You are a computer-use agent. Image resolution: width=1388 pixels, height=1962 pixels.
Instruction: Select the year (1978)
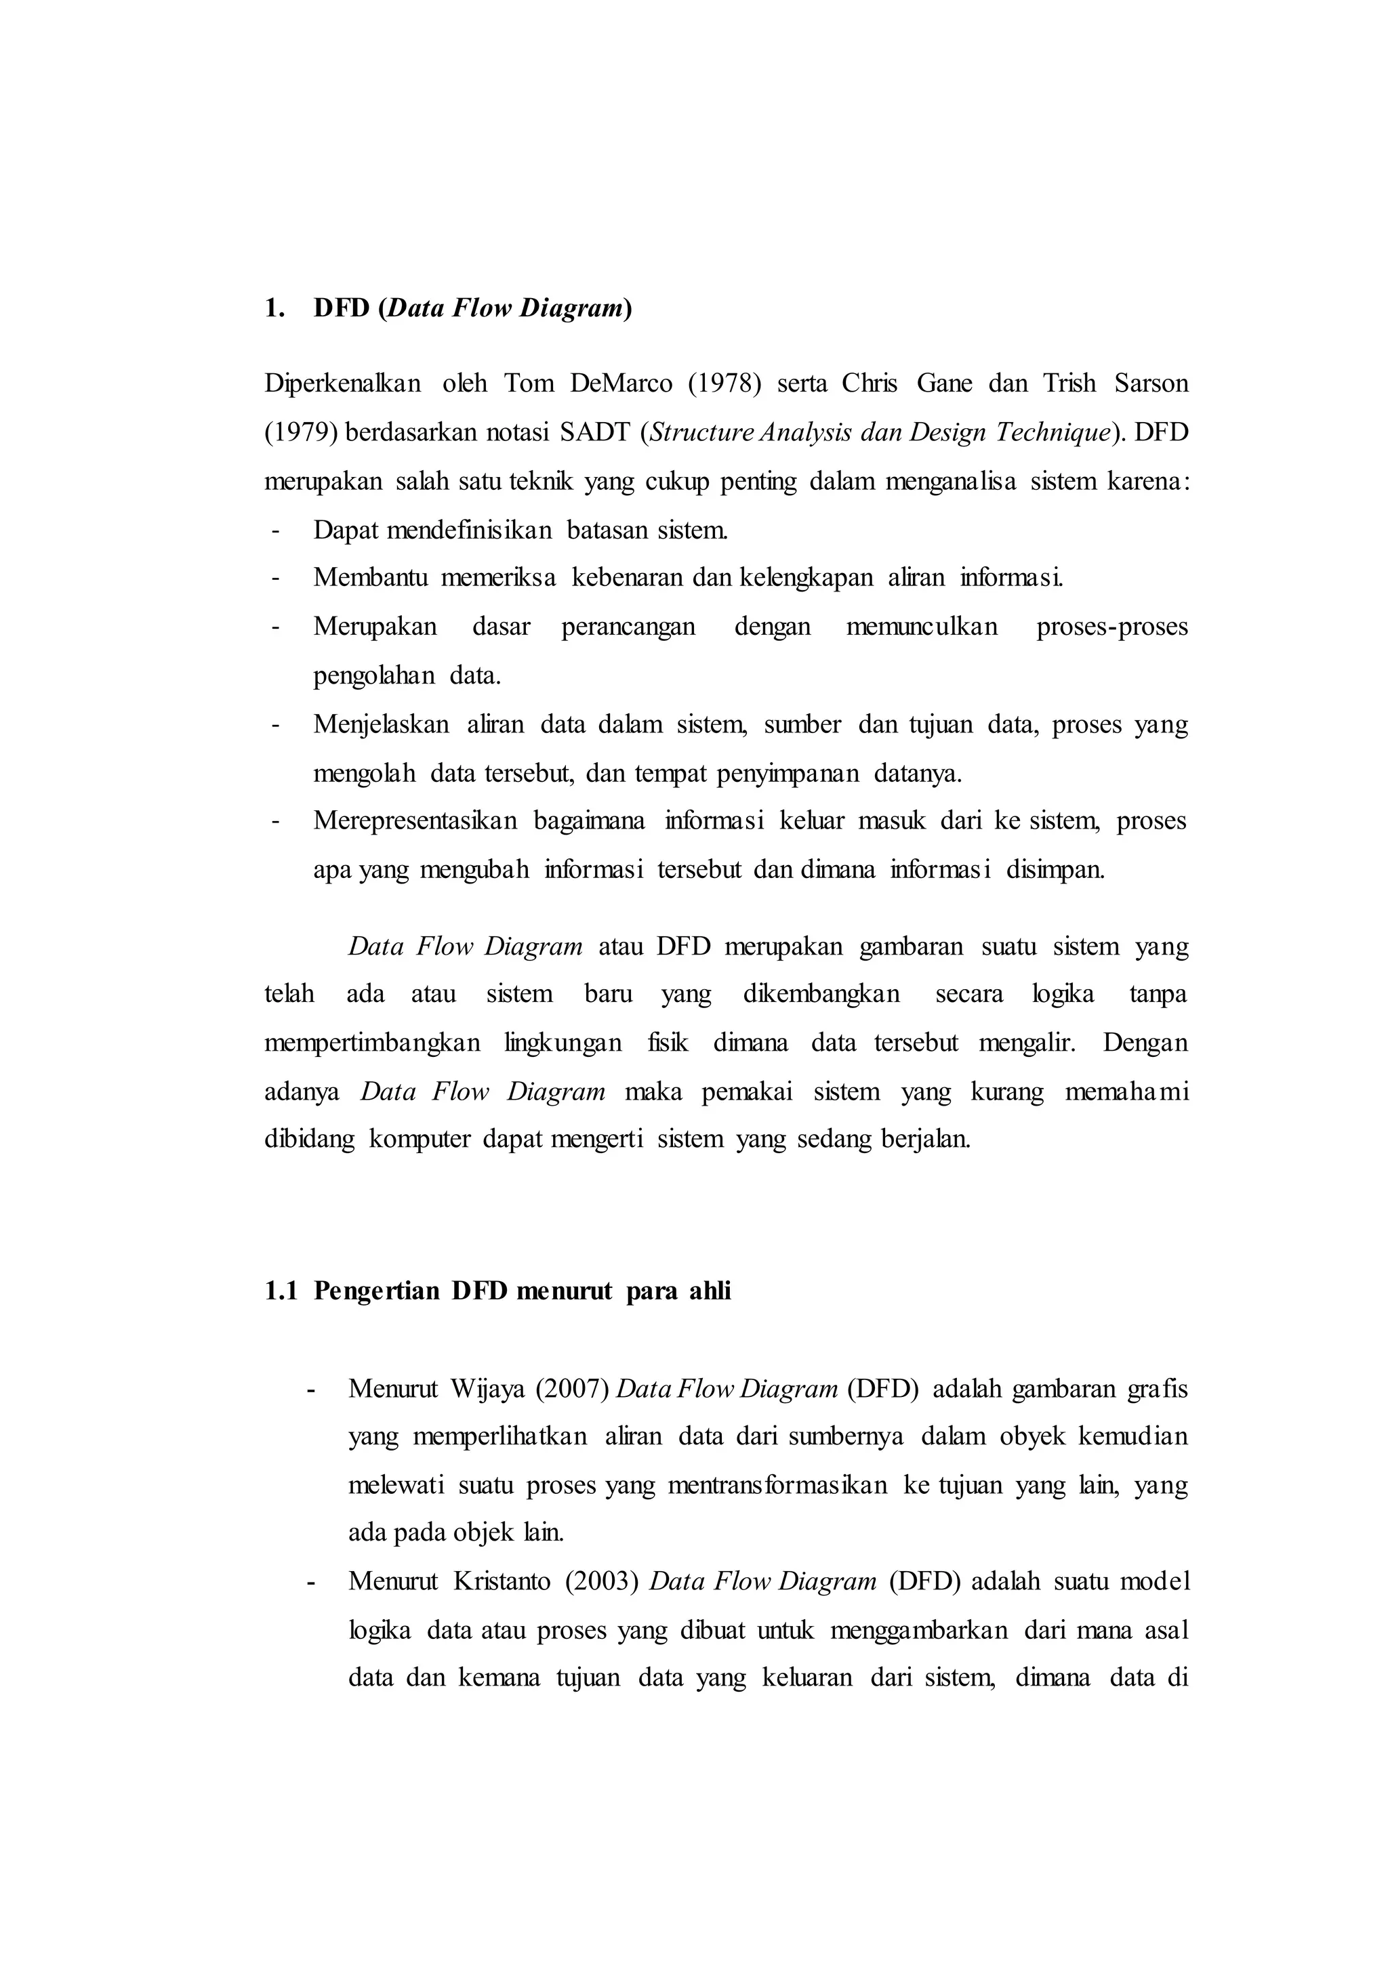[x=724, y=383]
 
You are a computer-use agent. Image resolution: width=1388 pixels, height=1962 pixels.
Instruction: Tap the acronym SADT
[x=592, y=432]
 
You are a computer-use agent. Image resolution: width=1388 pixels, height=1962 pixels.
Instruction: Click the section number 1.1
[x=281, y=1291]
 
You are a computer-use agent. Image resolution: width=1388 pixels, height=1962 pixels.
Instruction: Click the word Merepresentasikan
[x=415, y=821]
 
